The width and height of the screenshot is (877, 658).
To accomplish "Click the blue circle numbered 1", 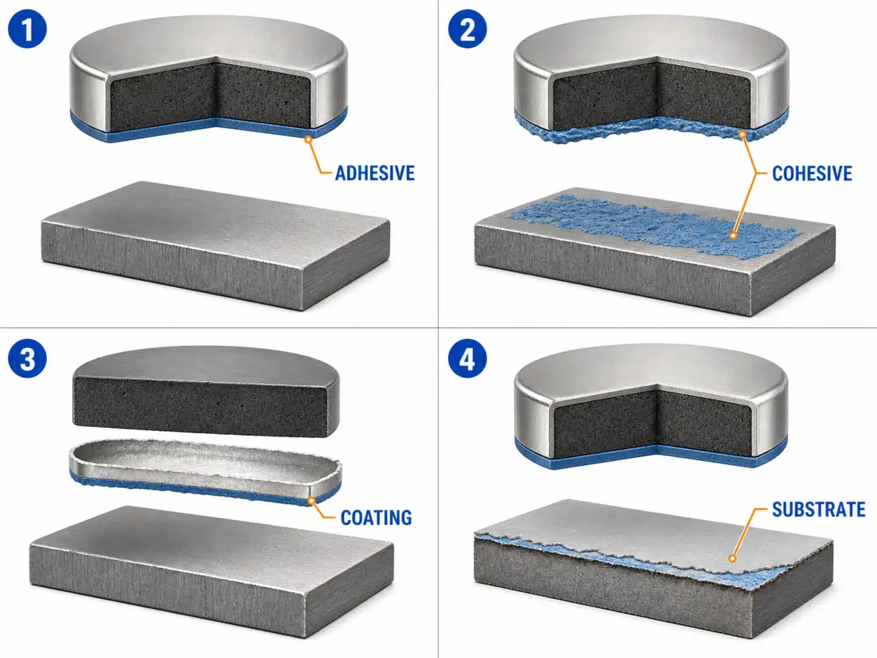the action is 27,29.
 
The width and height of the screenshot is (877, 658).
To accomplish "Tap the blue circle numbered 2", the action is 467,29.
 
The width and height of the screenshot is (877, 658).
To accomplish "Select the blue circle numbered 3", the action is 27,359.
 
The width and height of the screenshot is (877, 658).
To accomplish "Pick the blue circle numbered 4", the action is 467,359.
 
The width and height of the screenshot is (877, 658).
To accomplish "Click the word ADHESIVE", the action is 375,173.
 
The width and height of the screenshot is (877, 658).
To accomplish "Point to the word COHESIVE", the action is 812,173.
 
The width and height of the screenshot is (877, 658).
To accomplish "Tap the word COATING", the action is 376,518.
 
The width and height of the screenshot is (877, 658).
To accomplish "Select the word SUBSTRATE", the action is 819,509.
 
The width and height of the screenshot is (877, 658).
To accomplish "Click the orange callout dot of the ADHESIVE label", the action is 308,139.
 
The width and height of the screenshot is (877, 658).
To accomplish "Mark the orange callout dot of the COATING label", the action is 311,501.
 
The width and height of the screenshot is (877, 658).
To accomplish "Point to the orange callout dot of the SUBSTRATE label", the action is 732,558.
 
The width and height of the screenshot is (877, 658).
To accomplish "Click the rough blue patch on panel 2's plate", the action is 655,226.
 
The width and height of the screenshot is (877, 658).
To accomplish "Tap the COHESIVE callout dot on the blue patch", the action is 733,235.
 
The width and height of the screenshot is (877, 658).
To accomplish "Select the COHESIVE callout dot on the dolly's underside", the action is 742,134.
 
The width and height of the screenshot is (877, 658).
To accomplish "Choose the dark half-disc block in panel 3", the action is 206,392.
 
